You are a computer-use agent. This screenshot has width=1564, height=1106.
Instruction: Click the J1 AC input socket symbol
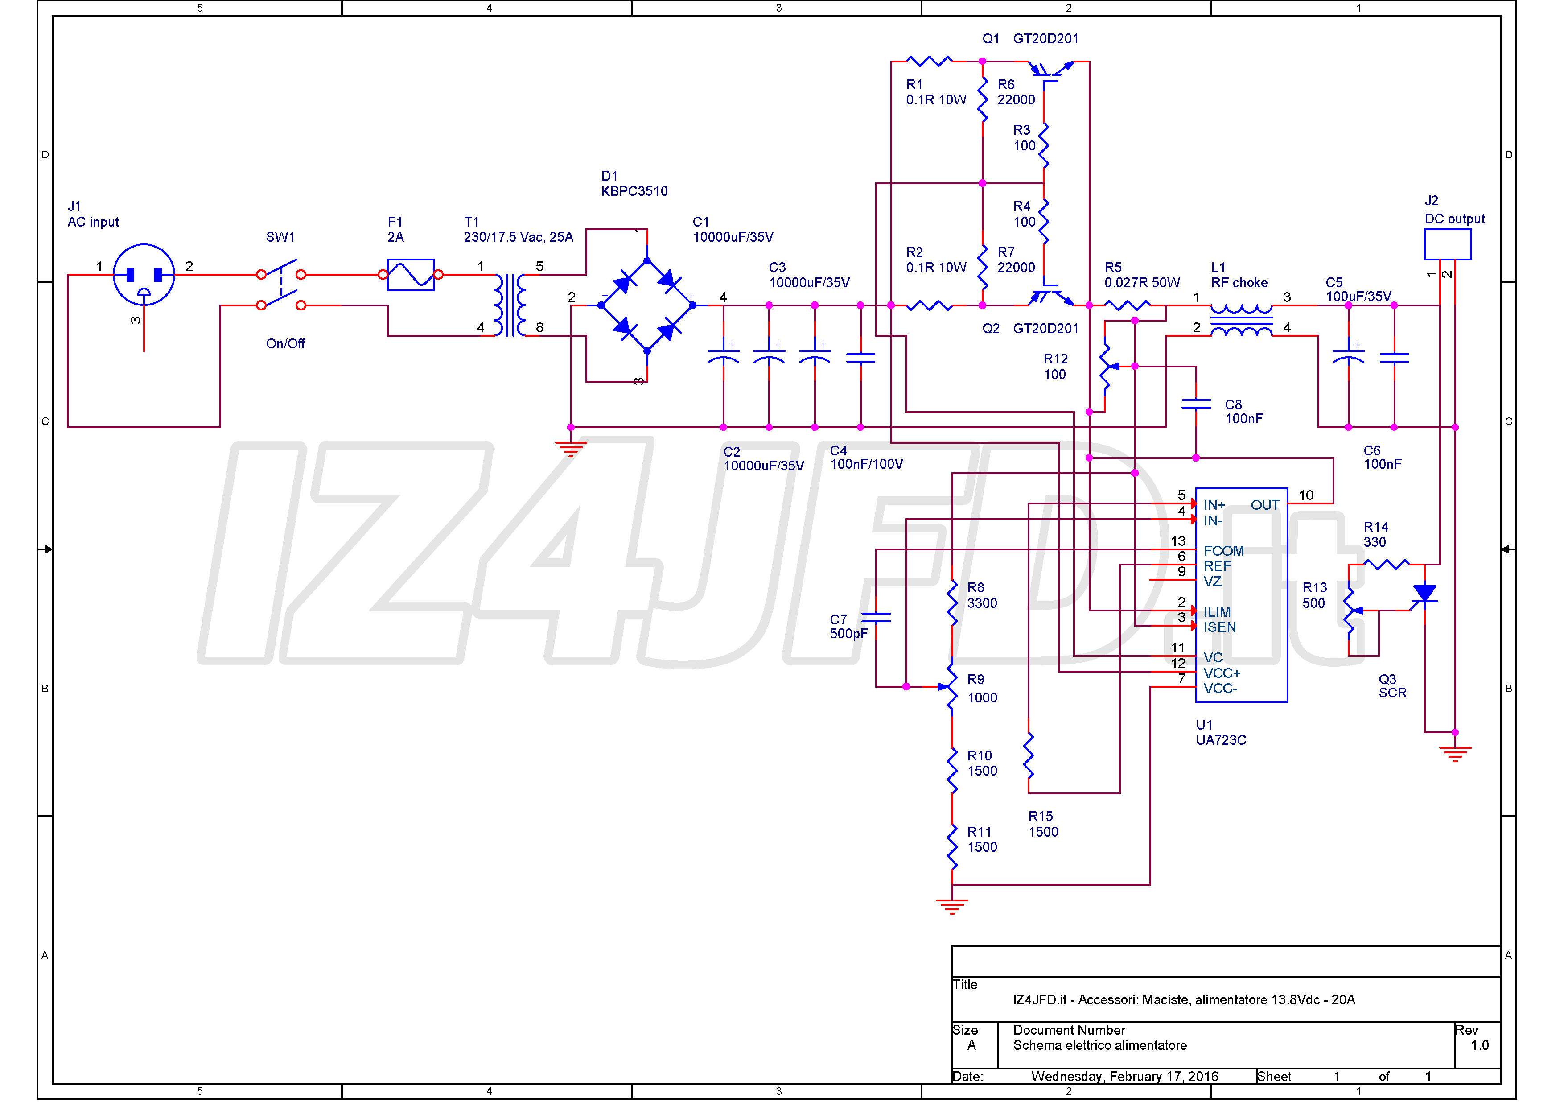click(144, 275)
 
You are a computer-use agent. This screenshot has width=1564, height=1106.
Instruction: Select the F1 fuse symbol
click(411, 275)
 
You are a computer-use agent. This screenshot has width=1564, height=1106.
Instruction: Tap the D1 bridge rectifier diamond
click(647, 305)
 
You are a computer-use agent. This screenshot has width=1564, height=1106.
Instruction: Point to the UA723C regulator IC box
click(1241, 595)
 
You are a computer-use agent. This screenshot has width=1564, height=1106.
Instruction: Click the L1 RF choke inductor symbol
click(1241, 320)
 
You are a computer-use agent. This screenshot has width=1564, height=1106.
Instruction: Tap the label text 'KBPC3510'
click(634, 191)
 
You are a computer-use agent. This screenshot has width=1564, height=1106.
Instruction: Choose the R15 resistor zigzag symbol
click(1029, 755)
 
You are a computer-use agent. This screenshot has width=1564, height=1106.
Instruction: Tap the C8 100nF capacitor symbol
click(1196, 404)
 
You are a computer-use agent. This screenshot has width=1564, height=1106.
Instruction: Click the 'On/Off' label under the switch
click(285, 344)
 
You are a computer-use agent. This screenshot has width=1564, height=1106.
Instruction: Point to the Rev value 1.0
click(1480, 1045)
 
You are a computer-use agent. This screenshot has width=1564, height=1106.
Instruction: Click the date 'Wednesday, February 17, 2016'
click(1125, 1077)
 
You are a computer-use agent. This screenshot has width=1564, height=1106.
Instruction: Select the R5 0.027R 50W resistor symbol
click(1128, 305)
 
